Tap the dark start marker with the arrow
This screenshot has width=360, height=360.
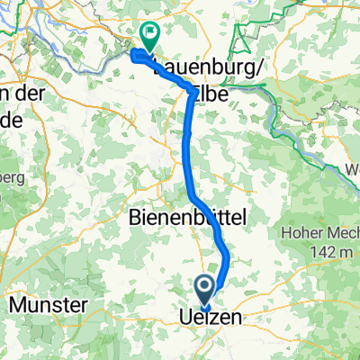tap(204, 290)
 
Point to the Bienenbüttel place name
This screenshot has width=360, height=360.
tap(184, 218)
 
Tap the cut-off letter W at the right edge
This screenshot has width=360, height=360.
tap(352, 169)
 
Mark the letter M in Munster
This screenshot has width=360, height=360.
tap(18, 305)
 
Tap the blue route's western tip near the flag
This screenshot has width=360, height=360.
tap(135, 55)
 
